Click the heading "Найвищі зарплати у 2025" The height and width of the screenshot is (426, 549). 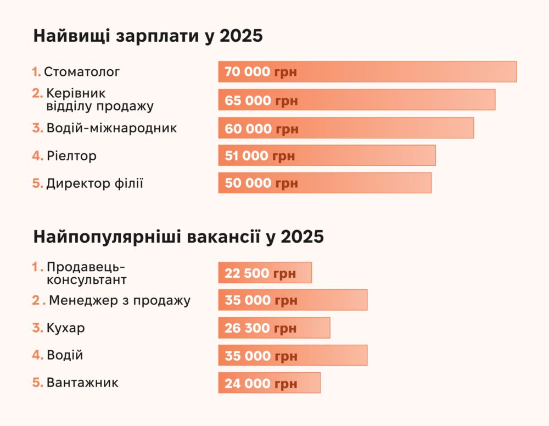[148, 36]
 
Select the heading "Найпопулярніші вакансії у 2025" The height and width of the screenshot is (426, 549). [178, 237]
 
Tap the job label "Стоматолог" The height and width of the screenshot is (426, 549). [82, 71]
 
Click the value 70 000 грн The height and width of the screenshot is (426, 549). [261, 72]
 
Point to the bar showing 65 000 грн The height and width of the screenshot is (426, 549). [357, 100]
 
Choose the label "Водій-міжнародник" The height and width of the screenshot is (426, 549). [111, 128]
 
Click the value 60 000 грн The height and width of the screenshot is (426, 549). [261, 128]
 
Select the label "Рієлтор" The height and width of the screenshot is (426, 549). [71, 156]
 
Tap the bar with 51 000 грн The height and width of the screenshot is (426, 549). [327, 155]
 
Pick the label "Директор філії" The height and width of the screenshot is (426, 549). [94, 183]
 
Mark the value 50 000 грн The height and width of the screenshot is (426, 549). [261, 183]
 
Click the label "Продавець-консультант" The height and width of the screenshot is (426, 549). [86, 273]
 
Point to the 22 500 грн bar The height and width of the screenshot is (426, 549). [265, 273]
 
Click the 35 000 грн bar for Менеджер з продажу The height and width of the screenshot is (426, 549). [293, 300]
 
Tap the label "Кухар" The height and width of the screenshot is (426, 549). [65, 328]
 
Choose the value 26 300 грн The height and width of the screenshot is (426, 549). [260, 328]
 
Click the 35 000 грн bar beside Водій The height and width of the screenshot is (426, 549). [293, 355]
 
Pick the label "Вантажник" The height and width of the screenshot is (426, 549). [82, 382]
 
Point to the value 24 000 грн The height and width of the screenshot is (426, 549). [261, 383]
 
